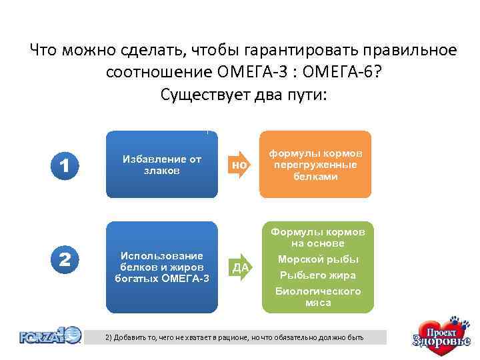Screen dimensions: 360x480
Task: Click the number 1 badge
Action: [x=65, y=164]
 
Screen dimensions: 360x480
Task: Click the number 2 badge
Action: [x=65, y=259]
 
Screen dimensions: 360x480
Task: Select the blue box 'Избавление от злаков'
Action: [x=162, y=165]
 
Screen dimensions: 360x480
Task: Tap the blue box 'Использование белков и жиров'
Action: [x=162, y=267]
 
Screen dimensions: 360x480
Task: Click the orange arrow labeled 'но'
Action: [x=242, y=165]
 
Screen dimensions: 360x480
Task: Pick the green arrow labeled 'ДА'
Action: [x=242, y=267]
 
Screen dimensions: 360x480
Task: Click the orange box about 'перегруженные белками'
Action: [x=315, y=165]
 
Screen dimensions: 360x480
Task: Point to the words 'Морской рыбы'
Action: [x=318, y=259]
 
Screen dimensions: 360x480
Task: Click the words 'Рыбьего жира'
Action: [x=318, y=275]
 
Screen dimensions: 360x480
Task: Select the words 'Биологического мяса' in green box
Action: [x=318, y=297]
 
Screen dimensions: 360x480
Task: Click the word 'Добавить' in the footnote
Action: [x=132, y=338]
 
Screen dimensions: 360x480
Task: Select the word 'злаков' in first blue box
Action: [x=161, y=171]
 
